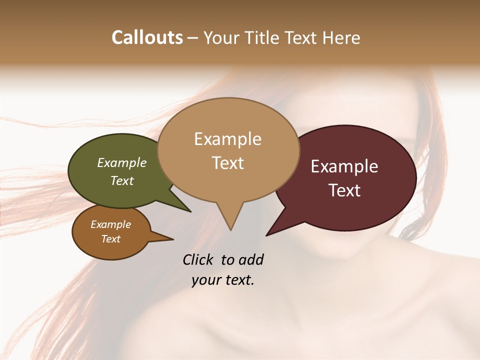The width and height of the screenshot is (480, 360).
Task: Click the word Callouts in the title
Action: (x=147, y=37)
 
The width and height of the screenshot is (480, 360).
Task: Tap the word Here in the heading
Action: (x=342, y=37)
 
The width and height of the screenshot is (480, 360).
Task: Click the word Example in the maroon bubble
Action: (x=344, y=166)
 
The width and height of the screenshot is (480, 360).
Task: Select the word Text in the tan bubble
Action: (x=228, y=163)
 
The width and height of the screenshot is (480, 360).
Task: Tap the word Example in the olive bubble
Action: (x=122, y=163)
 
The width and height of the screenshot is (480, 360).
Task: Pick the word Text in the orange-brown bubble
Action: (x=111, y=239)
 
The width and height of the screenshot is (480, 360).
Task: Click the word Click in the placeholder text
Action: (x=199, y=259)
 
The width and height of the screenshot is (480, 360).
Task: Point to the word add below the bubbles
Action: (x=251, y=259)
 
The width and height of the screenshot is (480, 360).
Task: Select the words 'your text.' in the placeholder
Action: (x=223, y=280)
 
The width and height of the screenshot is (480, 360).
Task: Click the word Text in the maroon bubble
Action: (x=345, y=190)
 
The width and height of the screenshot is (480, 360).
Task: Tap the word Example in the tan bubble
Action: (x=227, y=139)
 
